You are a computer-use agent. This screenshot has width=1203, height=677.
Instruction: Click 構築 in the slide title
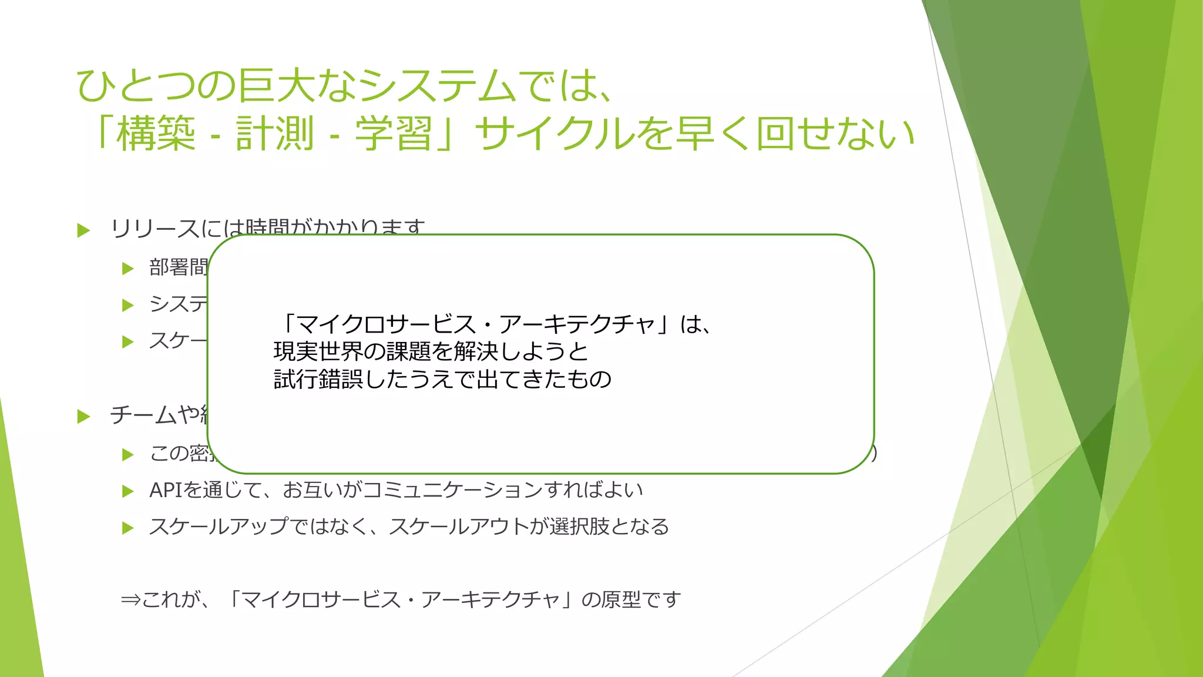[156, 134]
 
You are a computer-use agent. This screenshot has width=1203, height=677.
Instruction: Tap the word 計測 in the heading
[275, 134]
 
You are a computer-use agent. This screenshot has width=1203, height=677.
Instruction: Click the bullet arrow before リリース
[83, 230]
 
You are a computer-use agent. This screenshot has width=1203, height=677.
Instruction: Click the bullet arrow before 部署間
[127, 269]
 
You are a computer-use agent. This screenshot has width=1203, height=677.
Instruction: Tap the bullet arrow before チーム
[83, 417]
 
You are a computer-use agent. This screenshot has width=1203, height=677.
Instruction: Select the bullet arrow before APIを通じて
[127, 491]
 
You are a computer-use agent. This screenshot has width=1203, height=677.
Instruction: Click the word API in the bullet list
[166, 490]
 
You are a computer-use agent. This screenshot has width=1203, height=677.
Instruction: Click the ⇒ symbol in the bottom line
[130, 600]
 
